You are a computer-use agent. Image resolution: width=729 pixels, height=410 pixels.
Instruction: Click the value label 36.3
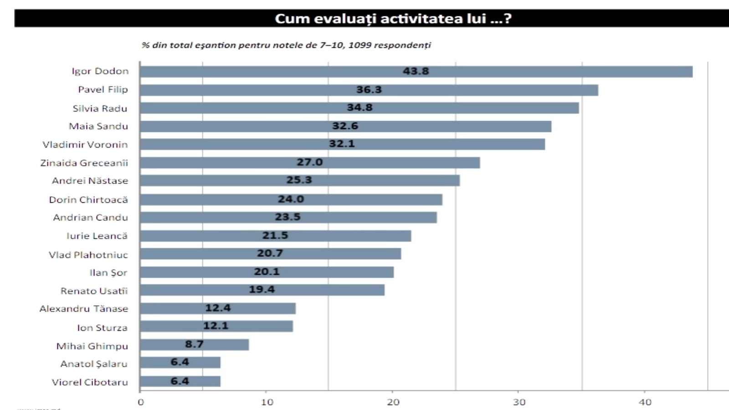coord(369,90)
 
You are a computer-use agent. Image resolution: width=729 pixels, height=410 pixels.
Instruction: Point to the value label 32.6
coord(345,126)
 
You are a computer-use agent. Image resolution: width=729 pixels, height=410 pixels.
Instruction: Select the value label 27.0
coord(309,163)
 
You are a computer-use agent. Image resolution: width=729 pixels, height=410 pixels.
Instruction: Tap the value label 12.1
coord(216,326)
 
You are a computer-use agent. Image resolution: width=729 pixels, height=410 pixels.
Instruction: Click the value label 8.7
coord(194,344)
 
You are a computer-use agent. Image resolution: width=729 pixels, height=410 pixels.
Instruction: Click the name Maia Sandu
coord(98,127)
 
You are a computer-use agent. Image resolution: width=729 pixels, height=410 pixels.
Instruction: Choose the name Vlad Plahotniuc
coord(88,255)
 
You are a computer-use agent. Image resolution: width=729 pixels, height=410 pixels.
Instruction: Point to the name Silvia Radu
coord(100,109)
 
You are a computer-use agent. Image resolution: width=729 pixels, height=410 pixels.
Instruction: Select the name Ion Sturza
coord(102,328)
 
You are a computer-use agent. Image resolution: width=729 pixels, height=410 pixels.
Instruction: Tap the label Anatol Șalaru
coord(94,364)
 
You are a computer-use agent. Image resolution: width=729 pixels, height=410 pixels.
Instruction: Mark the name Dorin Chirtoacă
coord(88,200)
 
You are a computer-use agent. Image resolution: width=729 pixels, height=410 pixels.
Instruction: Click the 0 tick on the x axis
coord(141,402)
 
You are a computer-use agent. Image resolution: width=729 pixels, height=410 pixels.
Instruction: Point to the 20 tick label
coord(393,402)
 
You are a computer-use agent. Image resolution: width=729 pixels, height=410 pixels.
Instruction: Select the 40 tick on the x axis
coord(645,402)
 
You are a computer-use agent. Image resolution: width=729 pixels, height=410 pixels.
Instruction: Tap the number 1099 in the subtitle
coord(360,45)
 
